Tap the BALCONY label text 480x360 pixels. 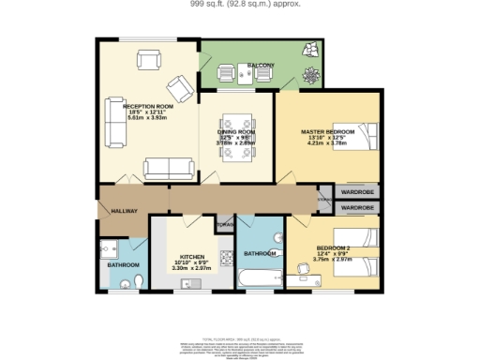tap(261, 65)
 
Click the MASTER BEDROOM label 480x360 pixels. tap(325, 131)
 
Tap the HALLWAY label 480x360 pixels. tap(125, 211)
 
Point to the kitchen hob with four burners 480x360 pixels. tap(224, 257)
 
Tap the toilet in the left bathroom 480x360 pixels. tap(137, 280)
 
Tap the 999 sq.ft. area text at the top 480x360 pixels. tap(240, 5)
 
